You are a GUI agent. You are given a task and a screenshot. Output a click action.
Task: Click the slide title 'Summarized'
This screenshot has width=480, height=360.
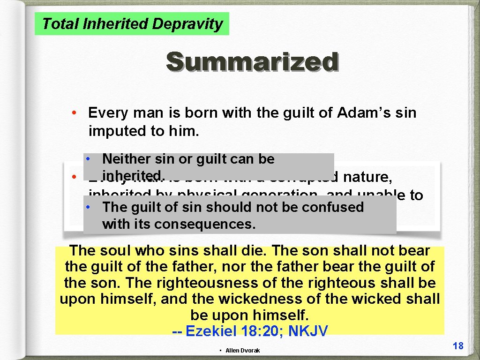click(252, 62)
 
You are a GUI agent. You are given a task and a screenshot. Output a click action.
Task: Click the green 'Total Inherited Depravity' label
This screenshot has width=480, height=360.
click(132, 24)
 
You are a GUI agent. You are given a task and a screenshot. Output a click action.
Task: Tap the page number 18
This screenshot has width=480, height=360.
click(458, 346)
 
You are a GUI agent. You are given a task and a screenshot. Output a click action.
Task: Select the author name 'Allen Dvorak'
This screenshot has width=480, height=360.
click(242, 351)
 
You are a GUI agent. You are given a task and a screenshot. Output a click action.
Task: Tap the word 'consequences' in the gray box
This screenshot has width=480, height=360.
click(205, 224)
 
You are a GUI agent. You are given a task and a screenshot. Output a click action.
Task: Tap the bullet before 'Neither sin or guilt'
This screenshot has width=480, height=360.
click(88, 159)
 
